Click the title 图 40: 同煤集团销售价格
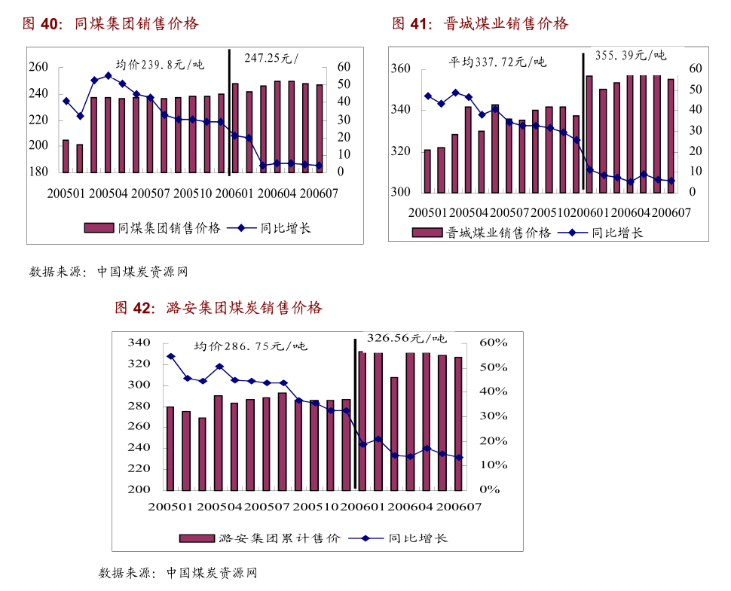point(110,24)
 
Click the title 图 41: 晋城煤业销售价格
point(479,24)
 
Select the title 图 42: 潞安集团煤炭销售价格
point(218,308)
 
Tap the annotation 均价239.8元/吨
point(160,64)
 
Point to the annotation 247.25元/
point(271,58)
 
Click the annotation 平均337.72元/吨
point(497,62)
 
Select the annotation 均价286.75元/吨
point(250,346)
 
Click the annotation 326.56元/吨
point(406,338)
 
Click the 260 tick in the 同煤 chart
point(38,68)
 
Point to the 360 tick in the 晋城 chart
point(400,69)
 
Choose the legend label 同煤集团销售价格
point(170,228)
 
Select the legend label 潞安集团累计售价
point(279,538)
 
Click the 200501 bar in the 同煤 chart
point(66,156)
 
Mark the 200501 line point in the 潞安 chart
point(170,356)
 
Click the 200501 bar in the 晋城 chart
point(427,171)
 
